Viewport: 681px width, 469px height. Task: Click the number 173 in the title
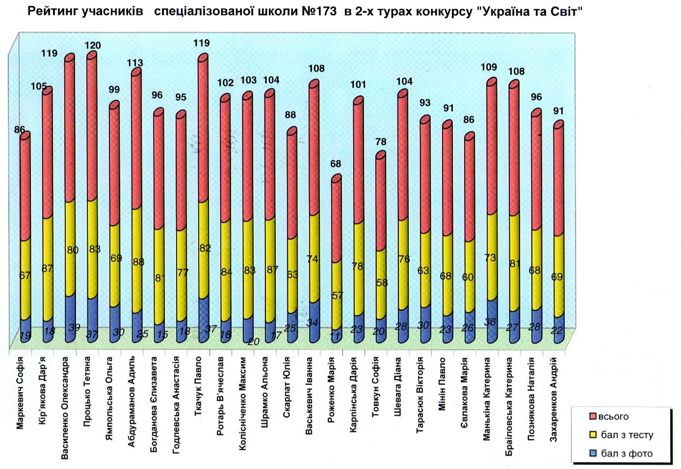click(x=321, y=12)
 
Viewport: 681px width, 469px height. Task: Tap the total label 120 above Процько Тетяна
click(x=92, y=46)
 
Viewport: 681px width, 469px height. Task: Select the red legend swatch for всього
click(x=593, y=417)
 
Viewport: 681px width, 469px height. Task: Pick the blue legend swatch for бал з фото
click(x=593, y=453)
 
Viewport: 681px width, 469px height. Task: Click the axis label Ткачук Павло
click(x=198, y=387)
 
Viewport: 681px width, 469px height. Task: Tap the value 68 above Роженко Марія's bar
click(x=336, y=164)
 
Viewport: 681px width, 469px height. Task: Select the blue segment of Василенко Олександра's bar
click(x=70, y=319)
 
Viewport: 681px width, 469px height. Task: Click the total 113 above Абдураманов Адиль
click(x=135, y=63)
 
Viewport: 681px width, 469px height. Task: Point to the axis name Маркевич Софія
click(x=20, y=393)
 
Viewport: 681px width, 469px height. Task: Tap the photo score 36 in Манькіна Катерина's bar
click(x=490, y=322)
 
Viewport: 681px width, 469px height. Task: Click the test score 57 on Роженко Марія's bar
click(x=338, y=296)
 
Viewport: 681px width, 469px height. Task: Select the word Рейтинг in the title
click(x=49, y=12)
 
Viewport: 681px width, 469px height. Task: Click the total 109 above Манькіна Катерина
click(x=489, y=67)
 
